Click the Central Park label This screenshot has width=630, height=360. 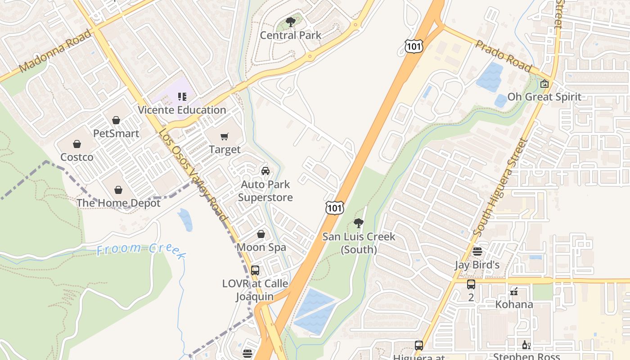(291, 35)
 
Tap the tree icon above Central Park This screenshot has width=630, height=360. (291, 22)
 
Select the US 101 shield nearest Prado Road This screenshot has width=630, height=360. (413, 45)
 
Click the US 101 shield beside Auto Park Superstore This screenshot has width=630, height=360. (335, 207)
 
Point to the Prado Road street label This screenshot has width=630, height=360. (503, 56)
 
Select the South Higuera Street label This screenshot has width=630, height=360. (500, 188)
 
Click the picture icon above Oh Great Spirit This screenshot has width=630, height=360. (544, 84)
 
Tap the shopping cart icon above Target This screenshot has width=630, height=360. (225, 136)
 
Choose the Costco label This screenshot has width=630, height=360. (77, 157)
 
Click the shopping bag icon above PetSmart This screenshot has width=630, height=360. (116, 120)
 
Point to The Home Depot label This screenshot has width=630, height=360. (118, 203)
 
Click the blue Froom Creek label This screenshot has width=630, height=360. (140, 251)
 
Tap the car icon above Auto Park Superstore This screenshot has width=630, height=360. (265, 171)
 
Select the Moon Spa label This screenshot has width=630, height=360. (261, 247)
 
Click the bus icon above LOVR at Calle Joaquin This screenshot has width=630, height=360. (255, 270)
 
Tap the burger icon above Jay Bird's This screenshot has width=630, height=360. (477, 252)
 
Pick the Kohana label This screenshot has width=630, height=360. (514, 305)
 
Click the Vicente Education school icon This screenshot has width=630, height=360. (182, 96)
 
